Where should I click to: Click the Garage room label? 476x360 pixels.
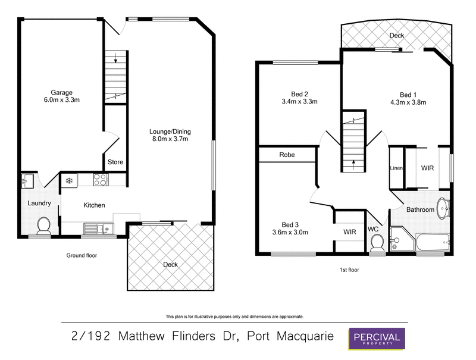tap(61, 92)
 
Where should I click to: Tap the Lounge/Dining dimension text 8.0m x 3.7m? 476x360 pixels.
tap(171, 139)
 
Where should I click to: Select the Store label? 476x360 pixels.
tap(115, 161)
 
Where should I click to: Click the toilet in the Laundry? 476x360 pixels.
tap(43, 225)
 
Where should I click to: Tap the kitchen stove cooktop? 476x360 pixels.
tap(100, 179)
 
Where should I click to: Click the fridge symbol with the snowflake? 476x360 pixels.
tap(69, 179)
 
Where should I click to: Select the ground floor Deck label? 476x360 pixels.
tap(170, 265)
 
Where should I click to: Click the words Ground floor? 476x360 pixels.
tap(82, 255)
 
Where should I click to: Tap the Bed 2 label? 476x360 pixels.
tap(299, 93)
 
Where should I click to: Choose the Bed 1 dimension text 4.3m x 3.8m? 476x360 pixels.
tap(408, 102)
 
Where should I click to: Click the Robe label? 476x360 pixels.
tap(287, 155)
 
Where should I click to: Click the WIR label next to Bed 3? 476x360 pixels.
tap(349, 232)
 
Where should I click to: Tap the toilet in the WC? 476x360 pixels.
tap(377, 242)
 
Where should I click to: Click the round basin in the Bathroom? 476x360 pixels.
tap(442, 208)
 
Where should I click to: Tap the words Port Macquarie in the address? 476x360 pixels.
tap(292, 337)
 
